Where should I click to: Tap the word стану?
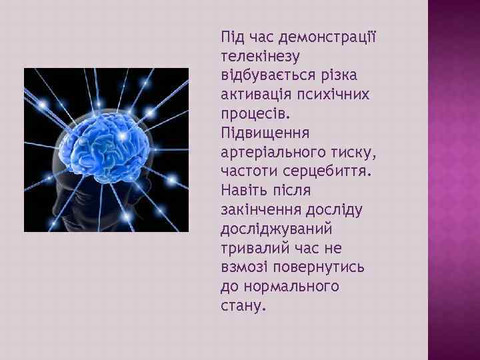(x=242, y=305)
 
